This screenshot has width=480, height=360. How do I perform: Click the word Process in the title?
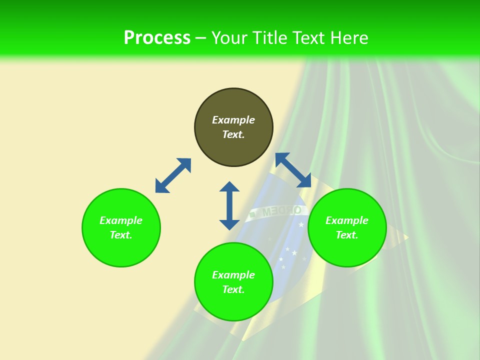[157, 38]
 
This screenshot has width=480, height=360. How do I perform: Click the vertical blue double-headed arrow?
[229, 205]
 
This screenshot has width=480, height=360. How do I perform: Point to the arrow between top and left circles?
[173, 175]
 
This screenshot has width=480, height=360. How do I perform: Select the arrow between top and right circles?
[293, 170]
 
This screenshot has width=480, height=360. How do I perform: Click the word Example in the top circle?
[233, 120]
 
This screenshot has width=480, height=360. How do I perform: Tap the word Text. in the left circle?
[121, 235]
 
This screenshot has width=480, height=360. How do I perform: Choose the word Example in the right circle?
[347, 220]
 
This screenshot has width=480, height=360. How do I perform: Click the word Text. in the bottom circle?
[233, 289]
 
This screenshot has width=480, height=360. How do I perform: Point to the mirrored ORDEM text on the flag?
[282, 210]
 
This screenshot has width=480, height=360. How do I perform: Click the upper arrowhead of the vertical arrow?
[229, 187]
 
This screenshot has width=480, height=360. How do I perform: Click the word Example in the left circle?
[121, 220]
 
